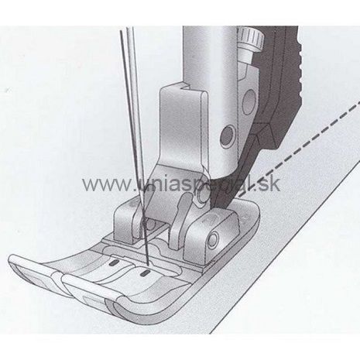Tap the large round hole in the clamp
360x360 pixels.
pyautogui.click(x=249, y=102)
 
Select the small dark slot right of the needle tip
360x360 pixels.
pyautogui.click(x=144, y=273)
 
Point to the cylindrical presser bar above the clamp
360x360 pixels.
pyautogui.click(x=209, y=57)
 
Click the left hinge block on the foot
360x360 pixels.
pyautogui.click(x=126, y=219)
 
